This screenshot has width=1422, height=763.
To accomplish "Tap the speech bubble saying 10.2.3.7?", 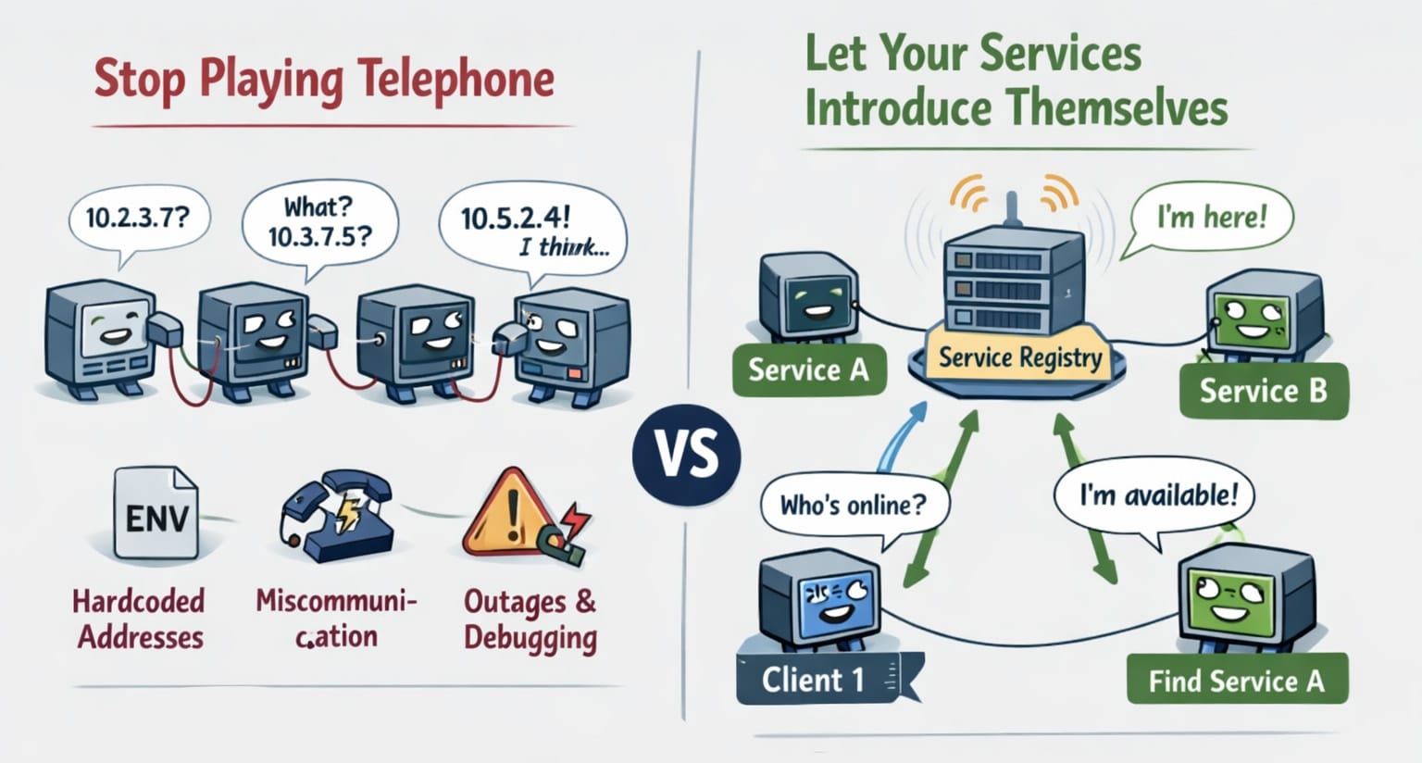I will click(x=139, y=219).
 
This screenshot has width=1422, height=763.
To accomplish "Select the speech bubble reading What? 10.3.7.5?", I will click(x=319, y=222).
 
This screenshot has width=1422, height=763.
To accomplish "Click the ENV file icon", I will click(x=156, y=514).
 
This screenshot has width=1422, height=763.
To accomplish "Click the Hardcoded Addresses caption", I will click(x=140, y=619).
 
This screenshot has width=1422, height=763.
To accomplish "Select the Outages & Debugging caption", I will click(x=530, y=619).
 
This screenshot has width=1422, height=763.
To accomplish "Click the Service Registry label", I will click(x=1020, y=357).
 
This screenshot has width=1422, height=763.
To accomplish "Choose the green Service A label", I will click(x=808, y=370).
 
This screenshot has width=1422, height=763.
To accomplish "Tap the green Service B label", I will click(x=1263, y=391).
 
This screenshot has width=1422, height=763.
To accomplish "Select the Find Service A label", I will click(x=1236, y=682).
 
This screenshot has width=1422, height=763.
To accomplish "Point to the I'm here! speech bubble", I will click(x=1211, y=219).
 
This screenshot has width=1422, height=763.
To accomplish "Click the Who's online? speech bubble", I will click(x=853, y=506).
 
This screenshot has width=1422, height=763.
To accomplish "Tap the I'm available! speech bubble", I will click(x=1157, y=495).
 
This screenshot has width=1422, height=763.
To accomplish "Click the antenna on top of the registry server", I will click(x=1012, y=209).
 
